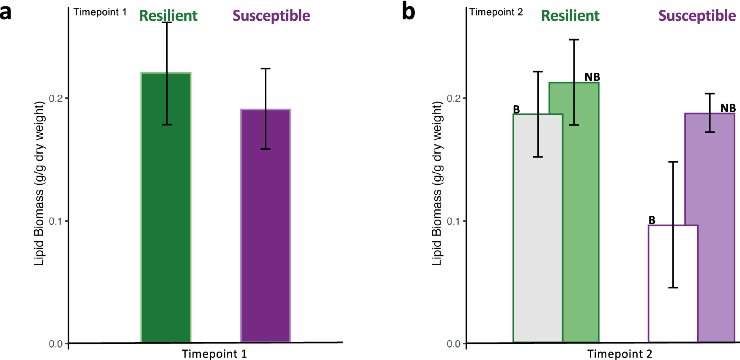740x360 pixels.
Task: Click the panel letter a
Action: pos(5,11)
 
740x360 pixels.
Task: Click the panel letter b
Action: pos(408,11)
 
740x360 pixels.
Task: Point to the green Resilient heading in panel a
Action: pos(168,16)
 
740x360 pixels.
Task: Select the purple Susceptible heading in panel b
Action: pos(697,16)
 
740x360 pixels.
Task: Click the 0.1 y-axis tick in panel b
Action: pos(454,221)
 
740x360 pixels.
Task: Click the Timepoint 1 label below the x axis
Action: pos(214,354)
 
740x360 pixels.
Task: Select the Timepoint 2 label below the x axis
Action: pos(619,354)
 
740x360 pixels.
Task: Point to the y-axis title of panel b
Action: pos(437,183)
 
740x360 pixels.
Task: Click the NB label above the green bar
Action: pos(592,77)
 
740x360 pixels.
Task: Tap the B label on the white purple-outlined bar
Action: pos(652,220)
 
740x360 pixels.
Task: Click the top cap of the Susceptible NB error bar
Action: pos(710,93)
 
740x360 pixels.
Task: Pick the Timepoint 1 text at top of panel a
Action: pos(100,12)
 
